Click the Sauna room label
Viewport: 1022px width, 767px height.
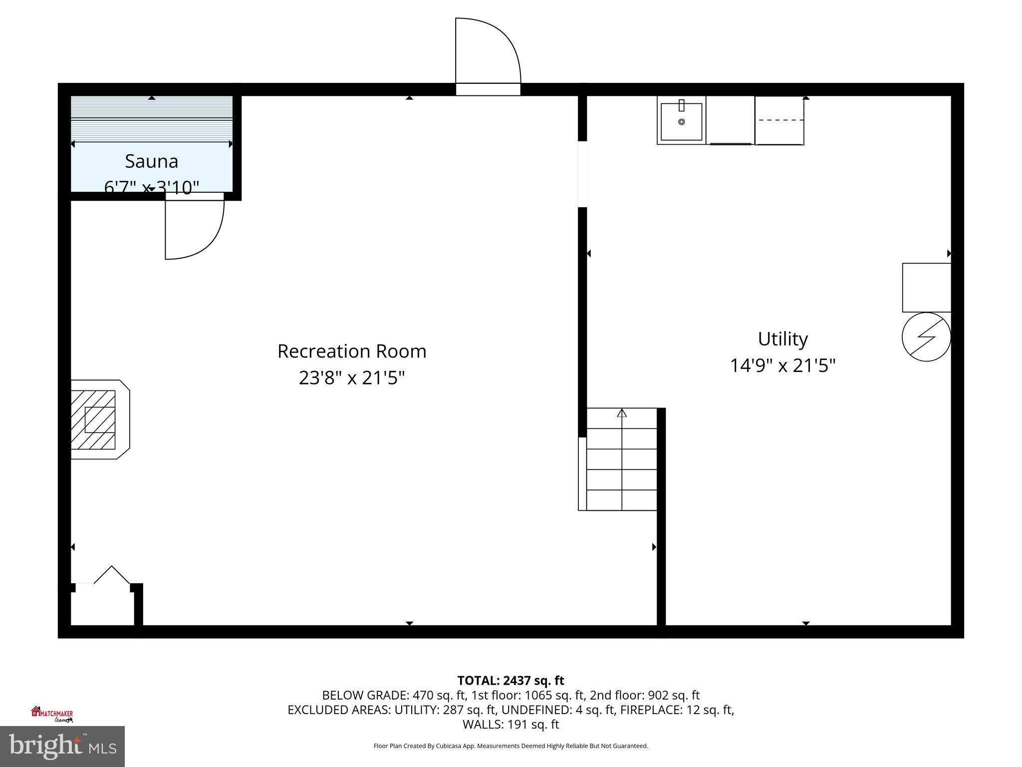click(151, 161)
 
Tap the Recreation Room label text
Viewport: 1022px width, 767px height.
click(352, 351)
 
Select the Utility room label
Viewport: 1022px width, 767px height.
click(782, 339)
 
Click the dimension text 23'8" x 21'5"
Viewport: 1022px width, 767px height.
click(352, 378)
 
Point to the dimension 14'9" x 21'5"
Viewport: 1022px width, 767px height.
click(782, 366)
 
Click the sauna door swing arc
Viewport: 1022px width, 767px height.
click(210, 240)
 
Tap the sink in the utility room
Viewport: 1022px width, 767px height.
click(681, 121)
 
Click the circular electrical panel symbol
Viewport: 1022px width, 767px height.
click(926, 337)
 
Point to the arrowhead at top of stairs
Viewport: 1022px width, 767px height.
click(622, 413)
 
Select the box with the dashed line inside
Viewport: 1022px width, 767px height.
click(779, 121)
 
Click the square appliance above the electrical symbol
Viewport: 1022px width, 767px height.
click(926, 288)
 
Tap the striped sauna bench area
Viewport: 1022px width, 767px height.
click(152, 119)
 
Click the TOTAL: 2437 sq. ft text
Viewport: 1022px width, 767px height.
click(511, 681)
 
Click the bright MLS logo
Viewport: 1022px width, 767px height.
click(62, 746)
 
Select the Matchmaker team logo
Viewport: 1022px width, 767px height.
click(52, 715)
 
